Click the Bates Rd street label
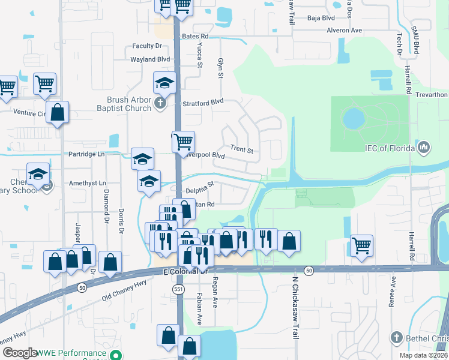coord(195,37)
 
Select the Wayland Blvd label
coord(150,59)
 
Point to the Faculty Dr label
coord(148,46)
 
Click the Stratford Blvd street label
coord(203,102)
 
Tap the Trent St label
coord(242,149)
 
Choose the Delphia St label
coord(200,188)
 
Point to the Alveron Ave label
coord(344,30)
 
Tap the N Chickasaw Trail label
coord(295,307)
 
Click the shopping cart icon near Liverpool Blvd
coord(183,142)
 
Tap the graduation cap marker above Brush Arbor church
coord(164,83)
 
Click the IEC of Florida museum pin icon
coord(424,147)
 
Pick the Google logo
coord(20,353)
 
